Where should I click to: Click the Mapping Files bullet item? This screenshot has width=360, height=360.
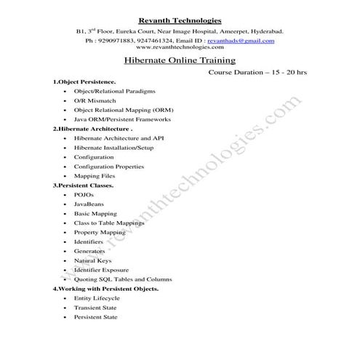(x=95, y=176)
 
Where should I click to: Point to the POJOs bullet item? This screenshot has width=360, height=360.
(x=84, y=195)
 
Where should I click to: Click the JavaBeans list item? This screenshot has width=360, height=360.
(x=89, y=204)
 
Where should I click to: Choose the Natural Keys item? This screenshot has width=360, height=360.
(x=93, y=260)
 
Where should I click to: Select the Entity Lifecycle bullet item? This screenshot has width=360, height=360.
(x=97, y=298)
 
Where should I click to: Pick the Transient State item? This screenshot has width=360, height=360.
(x=95, y=308)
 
